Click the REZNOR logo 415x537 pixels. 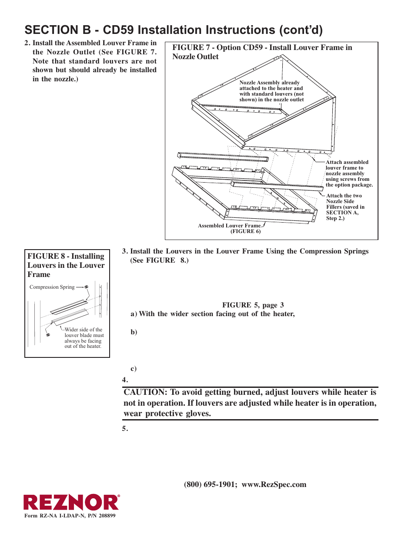71,503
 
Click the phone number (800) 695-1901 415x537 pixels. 210,484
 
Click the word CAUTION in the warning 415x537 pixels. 145,392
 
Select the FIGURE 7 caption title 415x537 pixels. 262,52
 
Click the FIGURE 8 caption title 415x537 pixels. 66,265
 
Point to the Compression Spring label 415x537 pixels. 52,287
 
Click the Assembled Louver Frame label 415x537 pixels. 229,226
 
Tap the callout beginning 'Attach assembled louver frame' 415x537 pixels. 348,173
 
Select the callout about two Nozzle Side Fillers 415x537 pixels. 345,207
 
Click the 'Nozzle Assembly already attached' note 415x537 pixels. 271,91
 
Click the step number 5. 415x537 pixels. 125,429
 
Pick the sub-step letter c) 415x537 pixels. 134,369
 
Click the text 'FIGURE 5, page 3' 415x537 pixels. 253,305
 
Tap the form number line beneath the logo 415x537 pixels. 70,516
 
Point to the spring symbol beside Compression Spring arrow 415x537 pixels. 87,287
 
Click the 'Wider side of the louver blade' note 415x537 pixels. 84,338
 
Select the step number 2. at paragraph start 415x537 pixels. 27,43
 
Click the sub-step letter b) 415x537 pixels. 134,332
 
